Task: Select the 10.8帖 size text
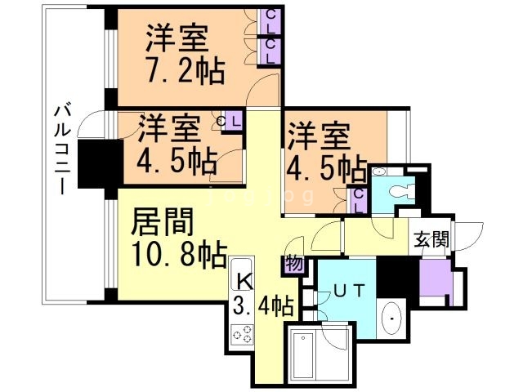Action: coord(180,256)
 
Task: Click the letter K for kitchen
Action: coord(244,280)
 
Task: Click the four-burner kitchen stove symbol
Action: coord(243,333)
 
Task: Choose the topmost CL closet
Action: coord(270,24)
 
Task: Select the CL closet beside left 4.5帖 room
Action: coord(231,122)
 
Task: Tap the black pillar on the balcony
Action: coord(99,163)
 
